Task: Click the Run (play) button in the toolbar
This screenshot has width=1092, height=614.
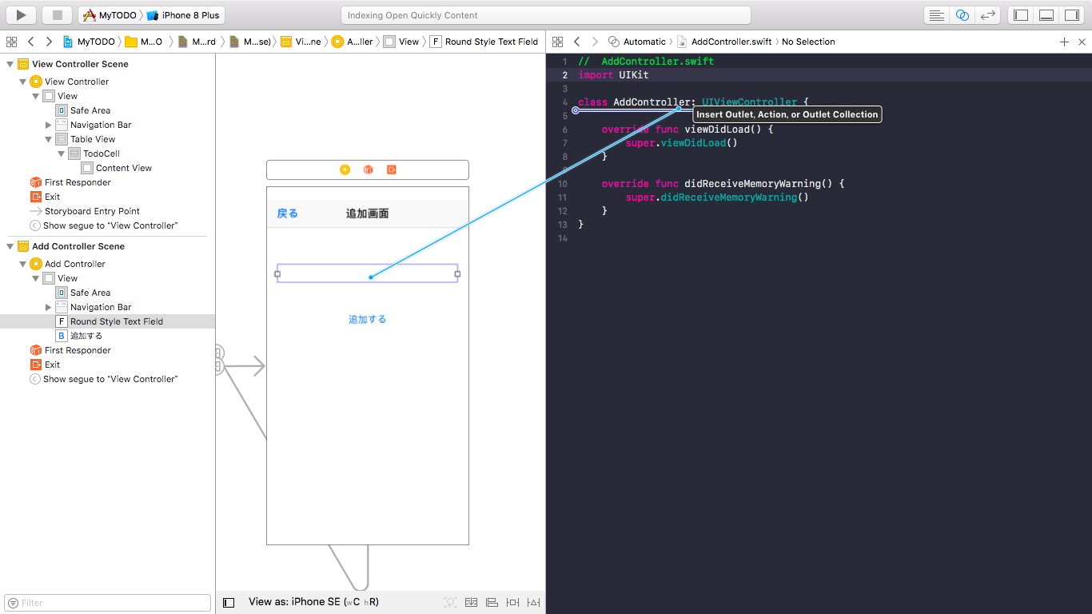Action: [22, 15]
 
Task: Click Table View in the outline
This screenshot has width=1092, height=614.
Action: [93, 139]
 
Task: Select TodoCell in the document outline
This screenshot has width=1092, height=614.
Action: [102, 153]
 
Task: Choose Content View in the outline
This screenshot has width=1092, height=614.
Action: [123, 168]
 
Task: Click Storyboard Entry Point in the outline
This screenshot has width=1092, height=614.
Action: [92, 211]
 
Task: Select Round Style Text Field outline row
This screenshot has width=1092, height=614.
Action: [116, 321]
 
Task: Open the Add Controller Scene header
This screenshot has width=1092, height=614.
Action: [78, 246]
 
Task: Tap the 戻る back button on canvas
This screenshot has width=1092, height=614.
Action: [287, 213]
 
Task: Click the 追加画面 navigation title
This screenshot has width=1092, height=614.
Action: [367, 213]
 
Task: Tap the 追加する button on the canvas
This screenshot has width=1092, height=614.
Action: [367, 319]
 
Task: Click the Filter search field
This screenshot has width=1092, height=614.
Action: [108, 603]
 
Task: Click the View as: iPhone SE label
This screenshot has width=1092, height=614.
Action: [294, 602]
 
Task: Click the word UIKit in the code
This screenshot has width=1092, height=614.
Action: [634, 75]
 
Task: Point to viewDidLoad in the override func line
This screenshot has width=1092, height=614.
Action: [717, 130]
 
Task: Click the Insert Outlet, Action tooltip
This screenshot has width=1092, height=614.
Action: [787, 114]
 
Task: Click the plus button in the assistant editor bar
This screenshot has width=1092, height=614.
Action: [1064, 42]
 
